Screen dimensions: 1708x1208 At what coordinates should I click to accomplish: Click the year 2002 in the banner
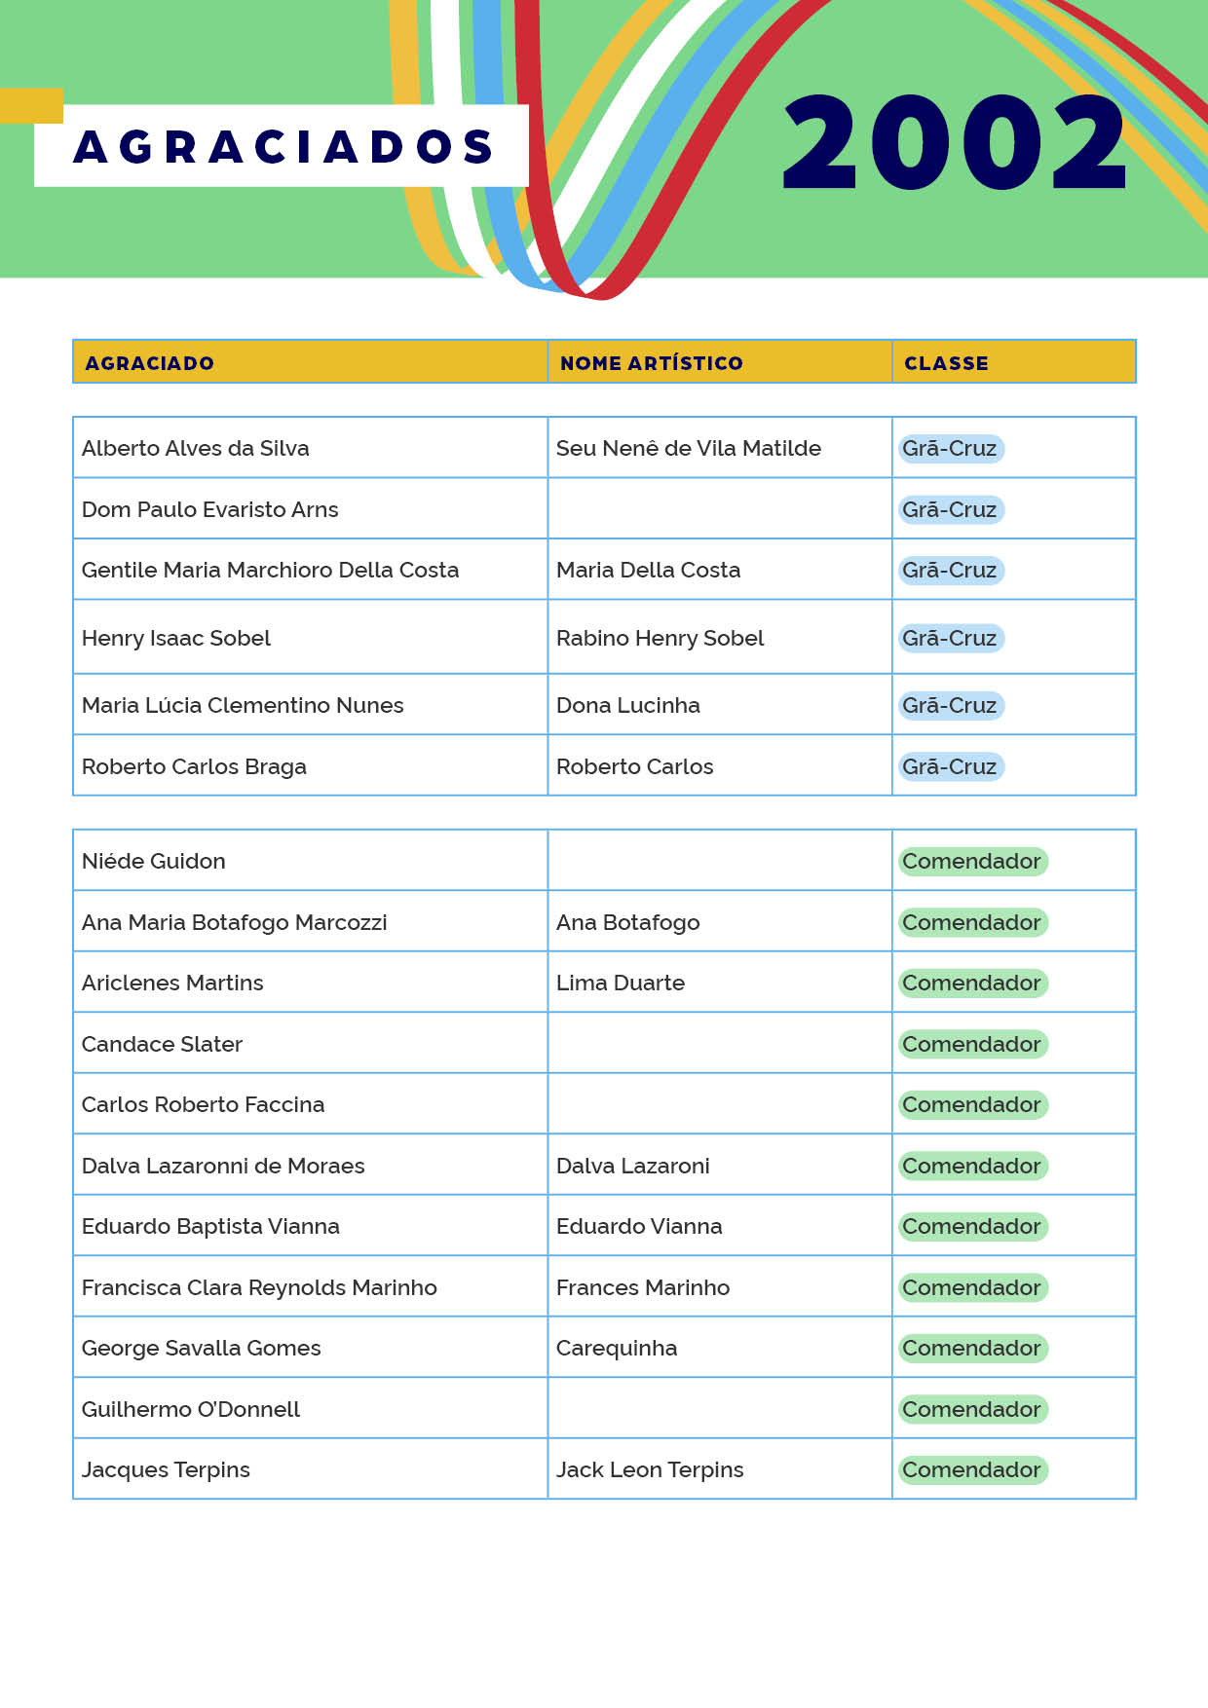[x=955, y=142]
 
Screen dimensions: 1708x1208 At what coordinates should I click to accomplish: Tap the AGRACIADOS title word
[x=283, y=146]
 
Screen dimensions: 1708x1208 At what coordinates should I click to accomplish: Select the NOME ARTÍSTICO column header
[x=651, y=363]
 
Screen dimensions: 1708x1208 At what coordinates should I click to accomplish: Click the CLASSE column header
[x=946, y=363]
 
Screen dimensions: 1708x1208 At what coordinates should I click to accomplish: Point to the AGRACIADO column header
[x=149, y=363]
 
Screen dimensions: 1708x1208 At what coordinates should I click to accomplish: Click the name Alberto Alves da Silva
[x=196, y=448]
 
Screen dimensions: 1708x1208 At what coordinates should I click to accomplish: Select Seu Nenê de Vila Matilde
[x=688, y=448]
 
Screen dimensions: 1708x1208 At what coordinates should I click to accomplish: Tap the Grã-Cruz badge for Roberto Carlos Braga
[x=950, y=766]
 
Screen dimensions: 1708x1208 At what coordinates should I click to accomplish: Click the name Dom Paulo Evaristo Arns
[x=210, y=509]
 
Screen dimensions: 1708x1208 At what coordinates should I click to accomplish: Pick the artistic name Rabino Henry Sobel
[x=660, y=638]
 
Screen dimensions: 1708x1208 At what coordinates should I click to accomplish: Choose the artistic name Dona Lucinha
[x=627, y=705]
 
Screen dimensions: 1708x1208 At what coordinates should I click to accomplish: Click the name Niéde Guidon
[x=154, y=861]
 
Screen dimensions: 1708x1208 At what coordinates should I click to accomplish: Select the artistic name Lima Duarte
[x=620, y=983]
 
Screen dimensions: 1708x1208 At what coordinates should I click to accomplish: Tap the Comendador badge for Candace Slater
[x=971, y=1044]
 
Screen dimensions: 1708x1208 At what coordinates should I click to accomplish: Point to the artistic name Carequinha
[x=616, y=1348]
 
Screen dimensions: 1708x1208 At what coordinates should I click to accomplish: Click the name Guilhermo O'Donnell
[x=191, y=1409]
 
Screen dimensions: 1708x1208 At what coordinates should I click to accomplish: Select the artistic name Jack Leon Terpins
[x=649, y=1469]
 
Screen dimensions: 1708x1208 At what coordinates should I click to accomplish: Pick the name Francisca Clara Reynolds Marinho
[x=259, y=1287]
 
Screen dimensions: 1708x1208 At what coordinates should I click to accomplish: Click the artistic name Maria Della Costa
[x=648, y=570]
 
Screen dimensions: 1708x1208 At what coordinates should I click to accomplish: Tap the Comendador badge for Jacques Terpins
[x=971, y=1469]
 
